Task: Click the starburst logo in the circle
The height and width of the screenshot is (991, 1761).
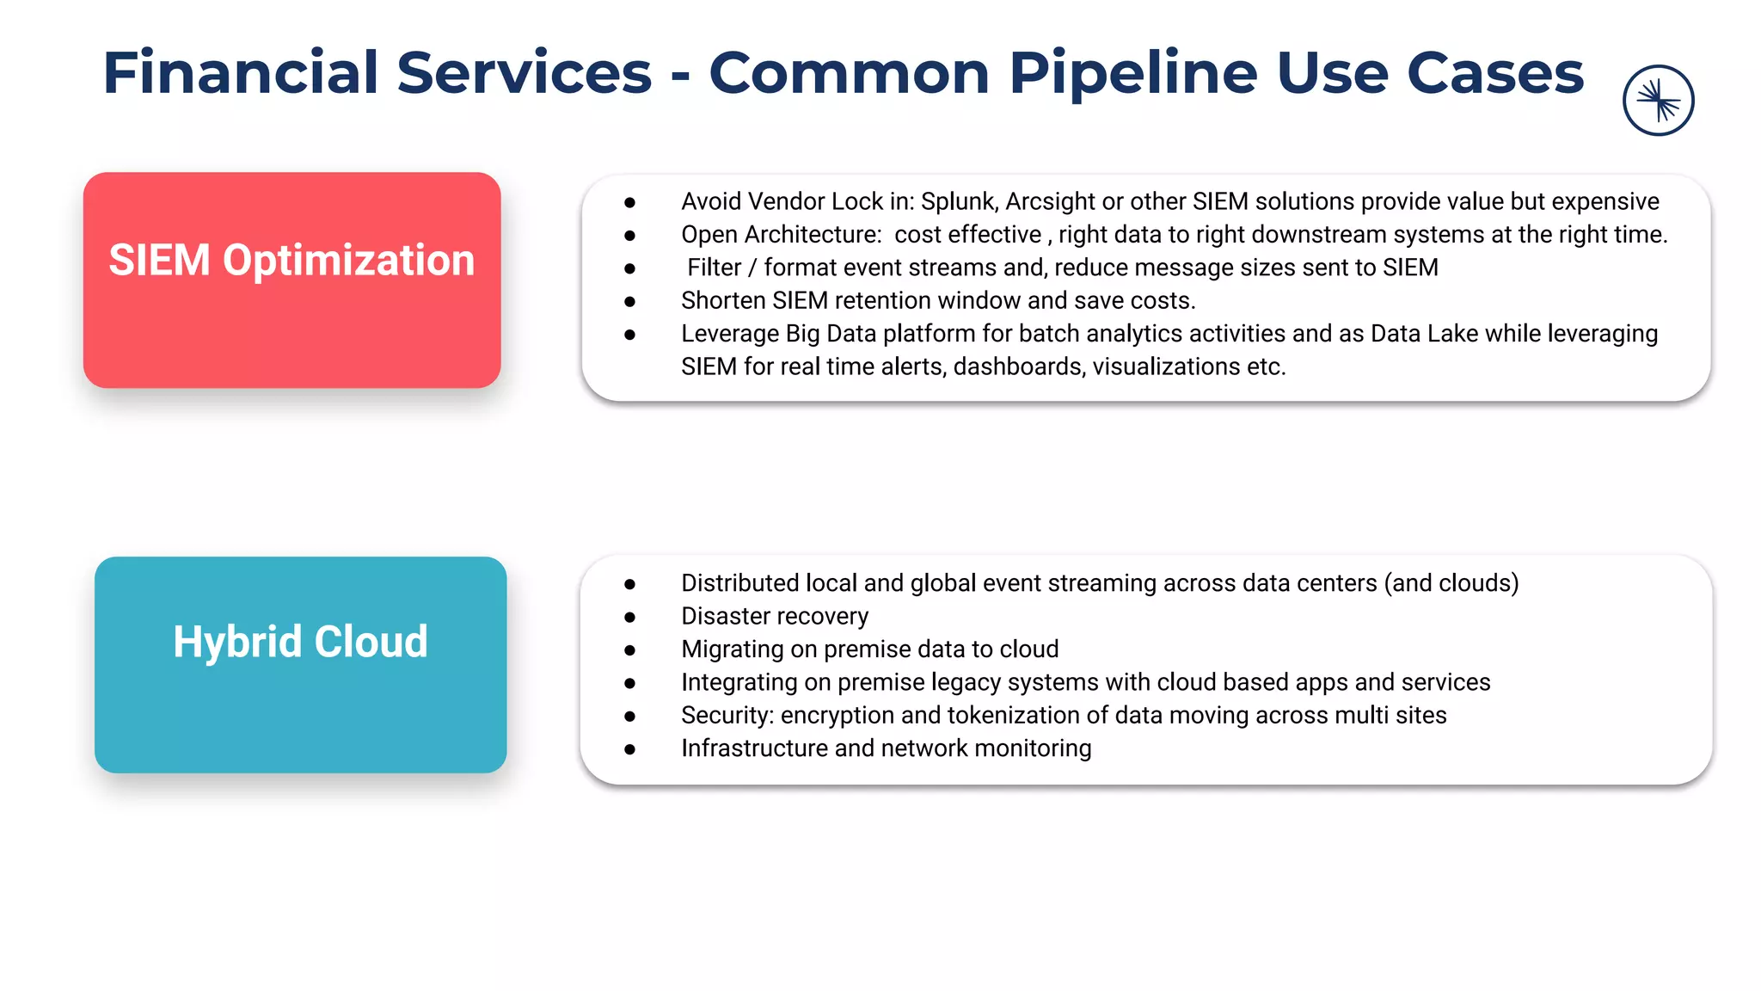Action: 1658,101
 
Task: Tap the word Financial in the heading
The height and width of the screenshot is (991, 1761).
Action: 240,72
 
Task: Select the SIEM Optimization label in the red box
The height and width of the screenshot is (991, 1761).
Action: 291,260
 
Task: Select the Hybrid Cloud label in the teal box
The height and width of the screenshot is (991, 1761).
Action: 300,642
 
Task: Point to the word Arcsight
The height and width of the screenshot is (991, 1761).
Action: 1050,201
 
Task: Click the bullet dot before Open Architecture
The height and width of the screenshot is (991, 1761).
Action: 630,235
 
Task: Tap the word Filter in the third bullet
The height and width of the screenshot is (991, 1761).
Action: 714,268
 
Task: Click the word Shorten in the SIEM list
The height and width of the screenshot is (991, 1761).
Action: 723,300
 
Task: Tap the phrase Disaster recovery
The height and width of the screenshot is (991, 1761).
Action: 775,616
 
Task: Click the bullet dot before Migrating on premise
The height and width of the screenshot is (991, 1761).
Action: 630,649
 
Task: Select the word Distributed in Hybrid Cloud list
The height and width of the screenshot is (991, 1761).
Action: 739,583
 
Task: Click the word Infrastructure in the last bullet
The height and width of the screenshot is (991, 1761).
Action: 754,748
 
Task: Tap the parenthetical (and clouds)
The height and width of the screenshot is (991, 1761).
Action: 1451,583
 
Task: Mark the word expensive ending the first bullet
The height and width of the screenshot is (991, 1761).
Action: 1605,201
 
